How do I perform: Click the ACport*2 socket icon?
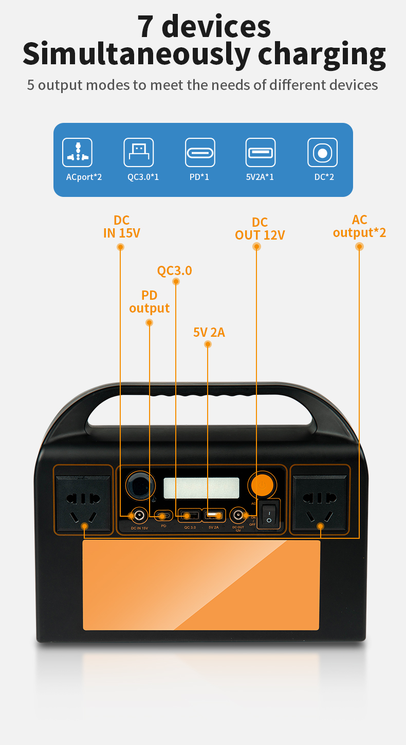(78, 152)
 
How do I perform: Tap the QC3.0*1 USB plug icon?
(138, 152)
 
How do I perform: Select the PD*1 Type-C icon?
(200, 152)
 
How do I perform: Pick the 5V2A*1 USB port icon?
(260, 152)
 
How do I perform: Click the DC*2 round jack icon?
(322, 153)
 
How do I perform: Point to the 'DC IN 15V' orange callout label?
(121, 227)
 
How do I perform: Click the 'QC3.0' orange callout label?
(175, 270)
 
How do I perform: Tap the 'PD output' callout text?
(149, 302)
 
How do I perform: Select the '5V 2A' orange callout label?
(209, 332)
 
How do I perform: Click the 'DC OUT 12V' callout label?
(260, 229)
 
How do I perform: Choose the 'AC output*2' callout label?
(359, 226)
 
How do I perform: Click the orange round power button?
(262, 484)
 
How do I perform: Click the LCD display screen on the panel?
(201, 488)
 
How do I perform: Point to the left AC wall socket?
(83, 503)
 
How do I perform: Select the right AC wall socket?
(320, 503)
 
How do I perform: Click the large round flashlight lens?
(140, 485)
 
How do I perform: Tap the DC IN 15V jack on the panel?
(138, 515)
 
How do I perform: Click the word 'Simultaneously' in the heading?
(136, 53)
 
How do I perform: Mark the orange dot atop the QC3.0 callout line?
(176, 282)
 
